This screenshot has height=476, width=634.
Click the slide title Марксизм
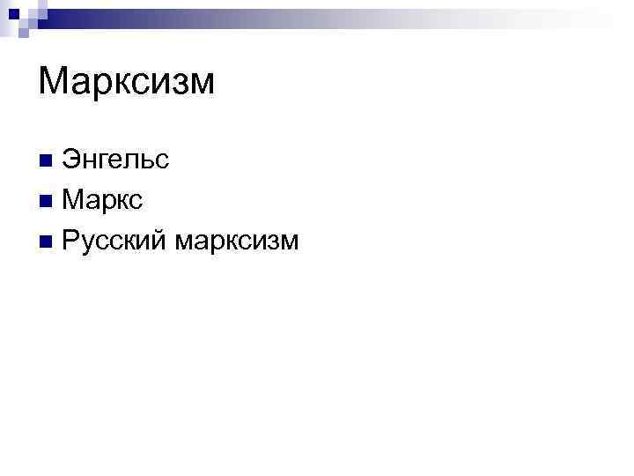[x=127, y=82]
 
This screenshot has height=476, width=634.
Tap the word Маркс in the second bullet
[x=102, y=200]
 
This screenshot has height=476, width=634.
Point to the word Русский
[x=115, y=239]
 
